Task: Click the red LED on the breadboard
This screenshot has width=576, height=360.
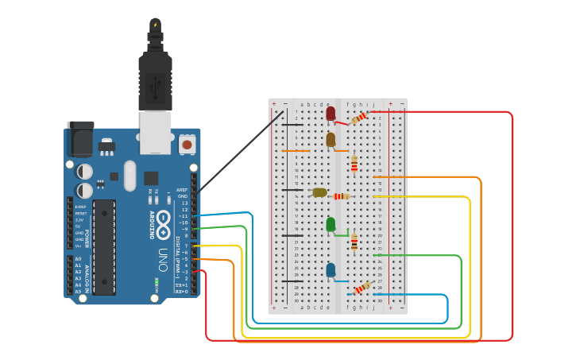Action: (331, 114)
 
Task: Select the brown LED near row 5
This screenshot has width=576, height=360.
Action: (331, 140)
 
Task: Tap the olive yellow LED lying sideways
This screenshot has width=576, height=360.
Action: (319, 192)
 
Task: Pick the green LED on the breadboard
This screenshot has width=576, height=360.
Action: (331, 225)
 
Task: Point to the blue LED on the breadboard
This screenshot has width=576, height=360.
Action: (331, 270)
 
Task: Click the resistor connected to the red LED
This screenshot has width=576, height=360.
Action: (359, 118)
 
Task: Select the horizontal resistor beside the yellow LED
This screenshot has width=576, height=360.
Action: (342, 196)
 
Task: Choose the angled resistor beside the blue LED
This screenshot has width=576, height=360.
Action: (361, 288)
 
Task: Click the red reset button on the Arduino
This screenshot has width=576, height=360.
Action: (187, 144)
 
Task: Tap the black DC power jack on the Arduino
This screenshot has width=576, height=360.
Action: (80, 139)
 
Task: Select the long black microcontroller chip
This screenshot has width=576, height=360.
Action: (104, 247)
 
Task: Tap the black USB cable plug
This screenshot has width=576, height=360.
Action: (155, 79)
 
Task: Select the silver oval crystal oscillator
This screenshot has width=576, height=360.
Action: (130, 176)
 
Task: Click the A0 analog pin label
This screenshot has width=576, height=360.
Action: (78, 259)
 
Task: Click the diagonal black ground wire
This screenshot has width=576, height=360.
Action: (238, 151)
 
